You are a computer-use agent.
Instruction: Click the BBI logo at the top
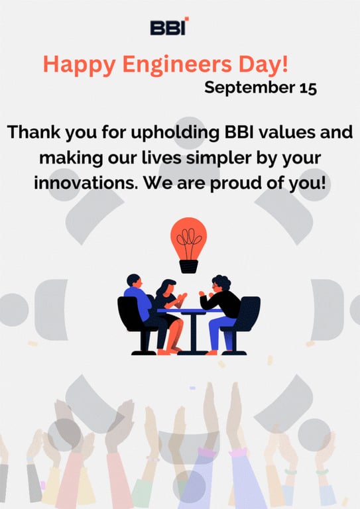click(169, 27)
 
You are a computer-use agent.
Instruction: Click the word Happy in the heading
click(72, 64)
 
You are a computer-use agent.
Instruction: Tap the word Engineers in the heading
click(172, 64)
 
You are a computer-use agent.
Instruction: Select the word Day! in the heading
click(266, 64)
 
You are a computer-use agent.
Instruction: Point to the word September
click(242, 87)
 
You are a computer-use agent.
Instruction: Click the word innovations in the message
click(81, 183)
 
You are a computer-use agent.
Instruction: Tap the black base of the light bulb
click(189, 266)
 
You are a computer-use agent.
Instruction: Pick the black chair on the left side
click(130, 321)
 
